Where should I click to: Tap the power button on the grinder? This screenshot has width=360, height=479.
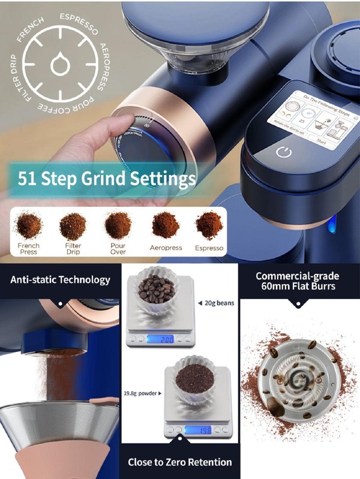(284, 152)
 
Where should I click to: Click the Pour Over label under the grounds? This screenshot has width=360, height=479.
(118, 249)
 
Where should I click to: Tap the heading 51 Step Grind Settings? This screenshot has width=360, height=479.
(107, 178)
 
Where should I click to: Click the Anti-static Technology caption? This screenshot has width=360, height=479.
(60, 279)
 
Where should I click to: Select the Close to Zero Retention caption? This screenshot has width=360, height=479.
(179, 462)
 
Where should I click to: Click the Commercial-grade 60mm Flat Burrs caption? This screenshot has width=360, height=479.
(298, 282)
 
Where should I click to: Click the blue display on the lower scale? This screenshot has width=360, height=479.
(199, 430)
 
